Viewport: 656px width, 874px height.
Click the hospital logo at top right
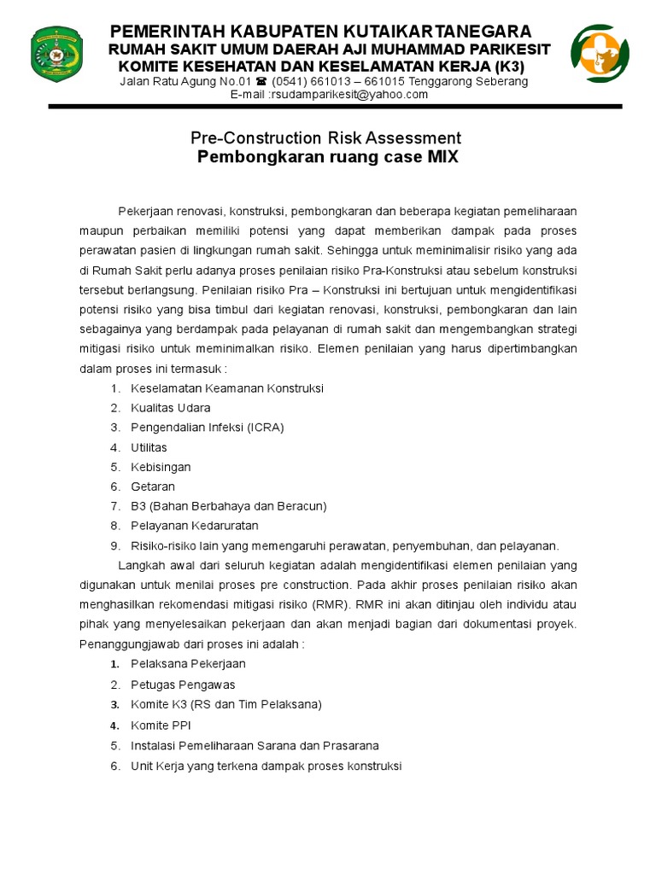tap(600, 53)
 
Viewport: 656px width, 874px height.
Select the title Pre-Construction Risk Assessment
tap(325, 138)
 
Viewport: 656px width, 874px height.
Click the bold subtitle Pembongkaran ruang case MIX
tap(328, 158)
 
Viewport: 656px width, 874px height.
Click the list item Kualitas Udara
tap(170, 408)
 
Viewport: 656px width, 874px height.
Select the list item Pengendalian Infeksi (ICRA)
tap(207, 428)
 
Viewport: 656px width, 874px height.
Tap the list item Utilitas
tap(149, 447)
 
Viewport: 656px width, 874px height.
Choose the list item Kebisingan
tap(161, 467)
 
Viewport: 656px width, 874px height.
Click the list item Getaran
tap(153, 487)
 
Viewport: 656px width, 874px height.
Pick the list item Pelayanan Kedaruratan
tap(194, 526)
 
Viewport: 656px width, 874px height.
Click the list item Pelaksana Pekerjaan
tap(188, 664)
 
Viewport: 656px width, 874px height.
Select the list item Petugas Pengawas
tap(183, 685)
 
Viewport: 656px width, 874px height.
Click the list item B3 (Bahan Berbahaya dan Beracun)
tap(228, 506)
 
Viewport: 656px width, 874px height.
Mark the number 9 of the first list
tap(114, 545)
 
